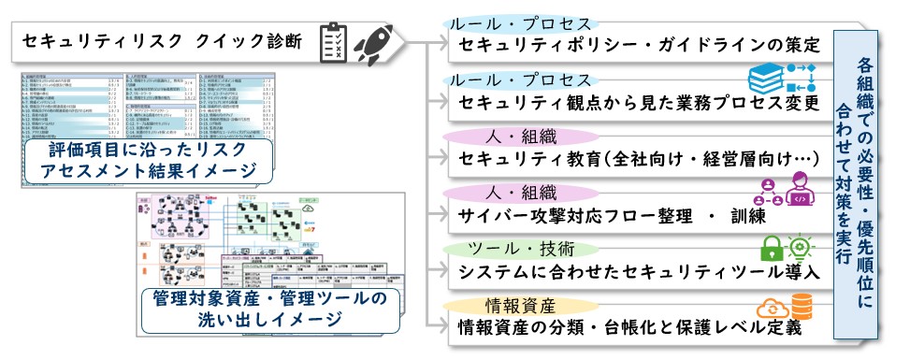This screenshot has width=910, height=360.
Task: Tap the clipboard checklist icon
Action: coord(335,43)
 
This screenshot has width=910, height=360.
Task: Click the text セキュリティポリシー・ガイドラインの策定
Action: coord(640,46)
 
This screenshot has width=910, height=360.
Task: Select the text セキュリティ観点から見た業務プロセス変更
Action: coord(640,102)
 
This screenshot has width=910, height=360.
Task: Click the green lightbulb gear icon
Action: coord(803,248)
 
